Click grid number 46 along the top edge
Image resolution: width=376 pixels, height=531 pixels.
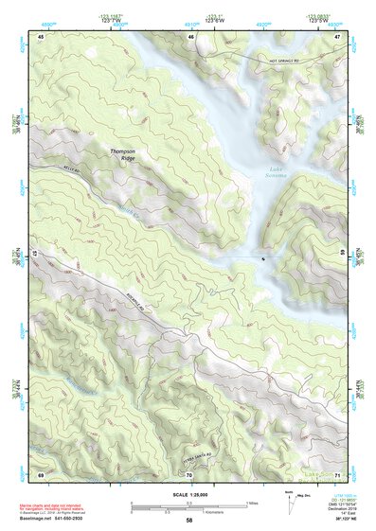coord(191,36)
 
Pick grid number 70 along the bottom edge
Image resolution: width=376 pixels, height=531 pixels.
coord(189,474)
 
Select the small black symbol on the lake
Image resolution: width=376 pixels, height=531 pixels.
coord(263,257)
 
